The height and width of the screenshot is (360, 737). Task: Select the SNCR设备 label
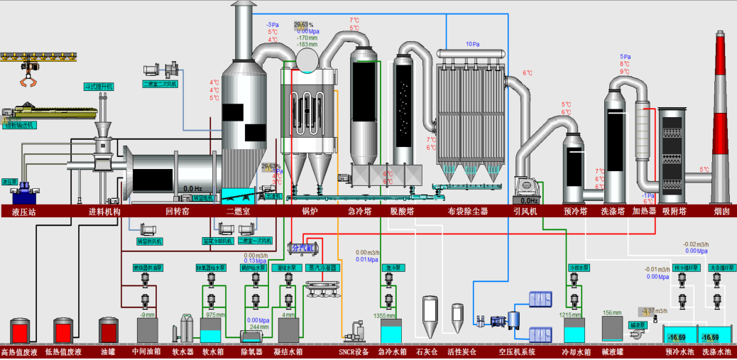coord(353,351)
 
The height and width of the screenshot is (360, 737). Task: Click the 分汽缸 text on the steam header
coord(304,248)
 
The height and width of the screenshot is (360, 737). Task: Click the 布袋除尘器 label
coord(468,211)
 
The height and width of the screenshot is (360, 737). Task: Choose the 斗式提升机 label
coord(99,86)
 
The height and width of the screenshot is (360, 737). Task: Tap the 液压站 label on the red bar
coord(23,211)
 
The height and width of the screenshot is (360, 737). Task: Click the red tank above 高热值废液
coord(20,331)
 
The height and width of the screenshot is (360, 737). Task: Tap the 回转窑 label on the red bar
coord(177,211)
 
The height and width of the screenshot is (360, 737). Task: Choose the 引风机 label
coord(525,211)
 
